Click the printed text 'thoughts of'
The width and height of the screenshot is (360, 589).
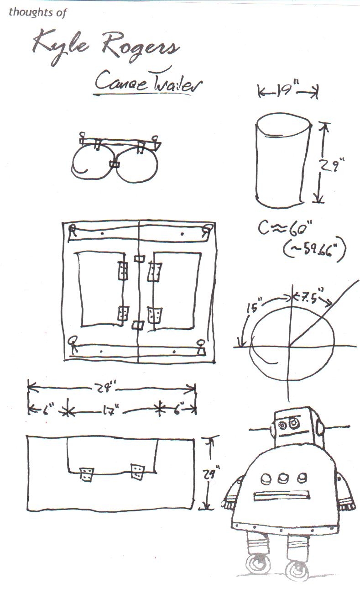[x=37, y=12]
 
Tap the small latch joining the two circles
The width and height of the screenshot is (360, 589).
[x=114, y=164]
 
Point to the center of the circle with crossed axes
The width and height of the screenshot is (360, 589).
[x=288, y=346]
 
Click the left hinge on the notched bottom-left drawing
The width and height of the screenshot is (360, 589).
[x=86, y=473]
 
